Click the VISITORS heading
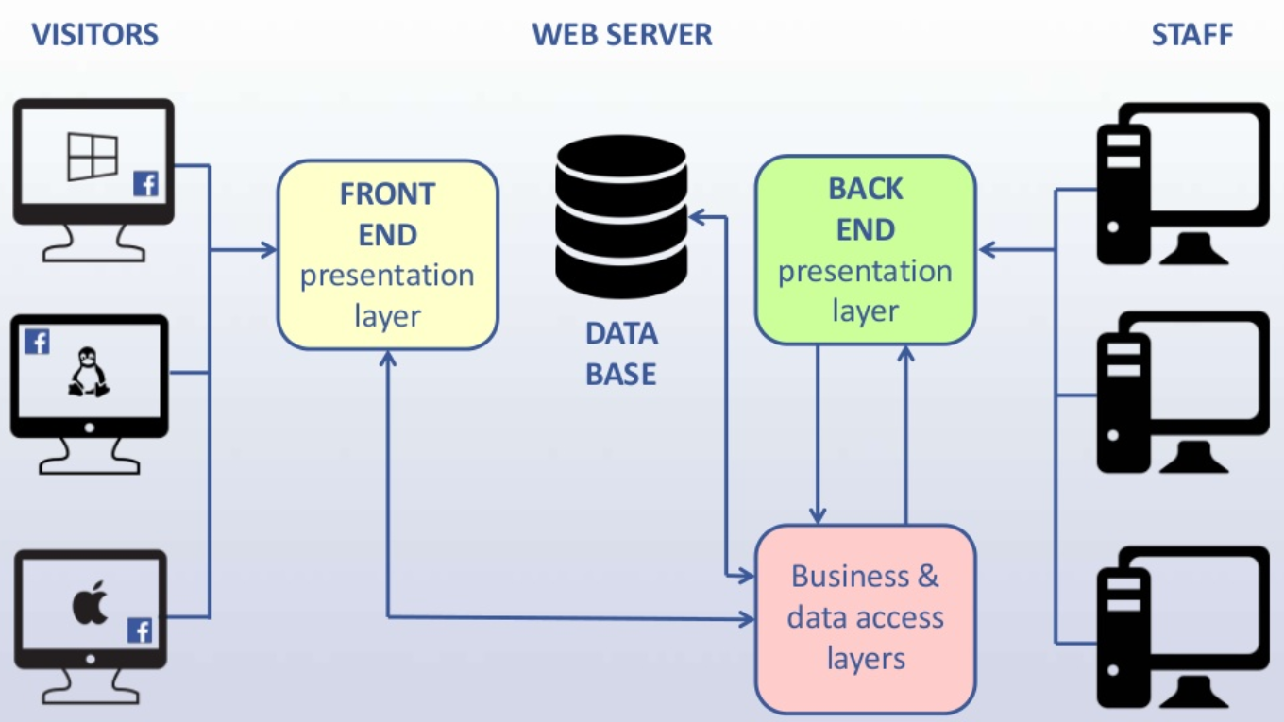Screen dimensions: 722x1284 94,35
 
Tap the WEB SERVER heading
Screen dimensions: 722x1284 622,35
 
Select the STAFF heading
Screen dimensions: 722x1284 1191,35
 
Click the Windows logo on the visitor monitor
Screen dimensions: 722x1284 93,157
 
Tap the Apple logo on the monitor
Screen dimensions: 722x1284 91,603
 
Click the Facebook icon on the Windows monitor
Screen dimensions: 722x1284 145,184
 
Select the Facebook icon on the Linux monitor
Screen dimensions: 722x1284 37,341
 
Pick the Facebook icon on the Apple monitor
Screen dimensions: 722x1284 140,630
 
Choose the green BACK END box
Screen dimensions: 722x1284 865,249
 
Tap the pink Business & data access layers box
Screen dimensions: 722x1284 865,617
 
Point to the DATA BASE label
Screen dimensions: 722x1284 620,354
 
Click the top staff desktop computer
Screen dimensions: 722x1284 1180,184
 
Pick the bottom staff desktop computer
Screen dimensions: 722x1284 1180,628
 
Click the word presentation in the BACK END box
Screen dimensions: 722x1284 865,272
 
